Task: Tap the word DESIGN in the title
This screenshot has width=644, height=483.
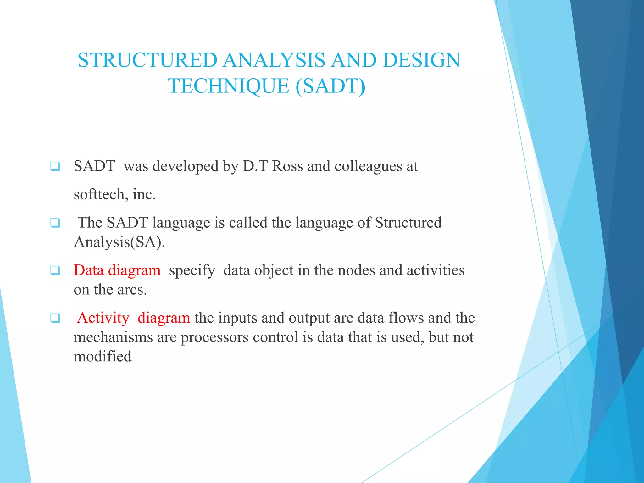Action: click(x=421, y=60)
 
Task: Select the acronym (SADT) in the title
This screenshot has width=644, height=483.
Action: click(x=330, y=86)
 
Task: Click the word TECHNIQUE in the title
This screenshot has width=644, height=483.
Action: click(x=229, y=86)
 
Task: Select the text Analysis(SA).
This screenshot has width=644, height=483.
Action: click(x=119, y=242)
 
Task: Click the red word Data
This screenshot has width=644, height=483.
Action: click(x=88, y=270)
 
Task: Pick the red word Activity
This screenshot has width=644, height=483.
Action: click(x=103, y=318)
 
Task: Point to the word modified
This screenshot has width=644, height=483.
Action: click(x=103, y=357)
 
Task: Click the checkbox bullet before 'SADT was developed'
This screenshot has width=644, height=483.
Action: click(x=55, y=166)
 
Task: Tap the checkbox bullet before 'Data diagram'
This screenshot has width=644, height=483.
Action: click(x=55, y=270)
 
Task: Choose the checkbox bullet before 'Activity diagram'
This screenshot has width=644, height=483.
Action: click(x=55, y=318)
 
